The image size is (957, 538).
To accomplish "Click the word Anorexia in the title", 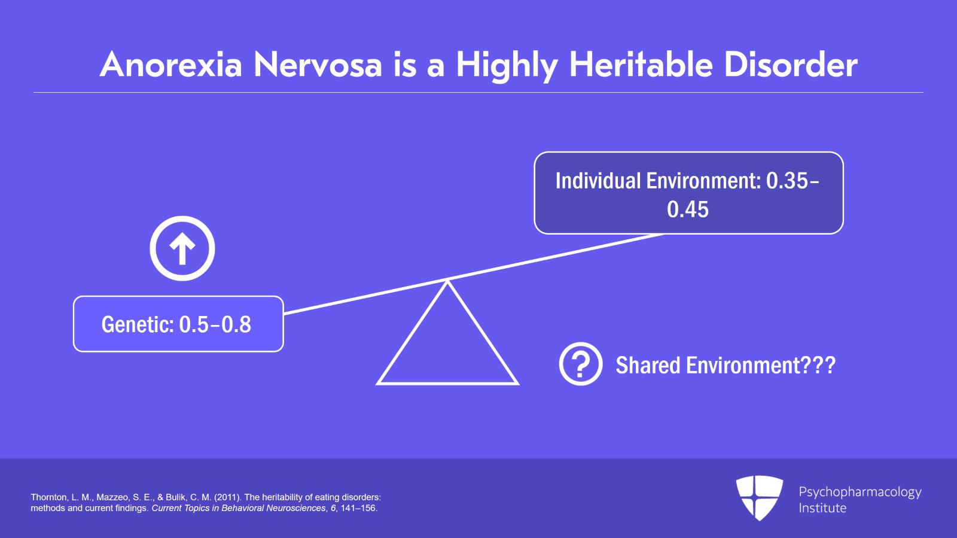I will (171, 65).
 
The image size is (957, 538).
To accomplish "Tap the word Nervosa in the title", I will (318, 65).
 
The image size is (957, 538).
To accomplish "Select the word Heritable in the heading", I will (641, 65).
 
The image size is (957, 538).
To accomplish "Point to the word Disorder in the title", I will (791, 65).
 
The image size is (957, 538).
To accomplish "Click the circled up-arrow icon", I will (182, 248).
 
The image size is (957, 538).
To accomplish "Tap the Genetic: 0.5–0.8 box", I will (178, 324).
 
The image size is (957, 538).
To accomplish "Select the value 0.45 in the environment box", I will (688, 209).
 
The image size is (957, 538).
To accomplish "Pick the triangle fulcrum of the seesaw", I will (447, 347).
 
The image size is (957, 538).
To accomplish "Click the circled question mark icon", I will (580, 364).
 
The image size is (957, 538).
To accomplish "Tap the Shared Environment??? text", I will (725, 365).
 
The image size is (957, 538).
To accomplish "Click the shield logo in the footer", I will (759, 497).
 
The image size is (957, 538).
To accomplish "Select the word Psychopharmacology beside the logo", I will (860, 492).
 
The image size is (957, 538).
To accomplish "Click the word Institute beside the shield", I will (822, 508).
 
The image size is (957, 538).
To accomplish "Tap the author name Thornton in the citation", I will (49, 497).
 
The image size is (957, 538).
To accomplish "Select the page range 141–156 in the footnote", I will (358, 508).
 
